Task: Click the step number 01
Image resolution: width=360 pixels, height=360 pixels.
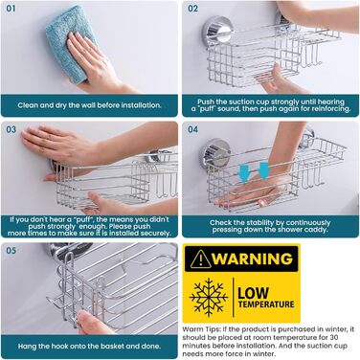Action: click(x=11, y=9)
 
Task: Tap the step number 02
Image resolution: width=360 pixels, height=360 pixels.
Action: click(x=192, y=9)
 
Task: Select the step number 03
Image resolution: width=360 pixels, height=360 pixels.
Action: click(x=11, y=129)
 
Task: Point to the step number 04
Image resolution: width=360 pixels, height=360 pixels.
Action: click(x=192, y=129)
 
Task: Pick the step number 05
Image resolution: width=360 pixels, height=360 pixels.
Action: click(x=11, y=250)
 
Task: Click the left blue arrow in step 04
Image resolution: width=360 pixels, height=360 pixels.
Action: click(x=245, y=172)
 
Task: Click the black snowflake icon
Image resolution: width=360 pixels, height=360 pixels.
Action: click(x=208, y=295)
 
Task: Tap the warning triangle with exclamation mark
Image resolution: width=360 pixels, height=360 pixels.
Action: click(x=200, y=259)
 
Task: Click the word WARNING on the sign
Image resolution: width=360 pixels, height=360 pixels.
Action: click(x=252, y=259)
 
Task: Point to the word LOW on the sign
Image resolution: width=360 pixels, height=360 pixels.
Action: click(x=254, y=293)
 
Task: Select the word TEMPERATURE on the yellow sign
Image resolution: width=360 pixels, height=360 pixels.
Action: click(x=266, y=304)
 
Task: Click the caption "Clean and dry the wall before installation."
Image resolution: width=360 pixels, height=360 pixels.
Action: click(x=89, y=105)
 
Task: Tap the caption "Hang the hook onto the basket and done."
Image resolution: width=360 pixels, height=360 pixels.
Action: click(x=89, y=346)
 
